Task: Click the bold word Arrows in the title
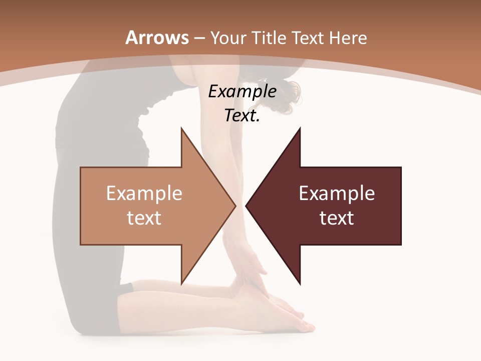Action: [x=157, y=38]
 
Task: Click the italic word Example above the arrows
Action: [x=243, y=92]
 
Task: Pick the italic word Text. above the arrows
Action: [x=243, y=116]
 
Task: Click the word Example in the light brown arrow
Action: [x=144, y=194]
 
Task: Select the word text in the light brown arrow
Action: [x=144, y=218]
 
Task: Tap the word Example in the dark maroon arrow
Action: [x=337, y=194]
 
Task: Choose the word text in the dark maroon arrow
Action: [x=337, y=218]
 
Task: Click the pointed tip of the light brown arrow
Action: [x=235, y=205]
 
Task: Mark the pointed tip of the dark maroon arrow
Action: [x=246, y=205]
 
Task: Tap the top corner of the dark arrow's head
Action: [x=300, y=128]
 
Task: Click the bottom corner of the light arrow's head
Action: [x=181, y=284]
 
